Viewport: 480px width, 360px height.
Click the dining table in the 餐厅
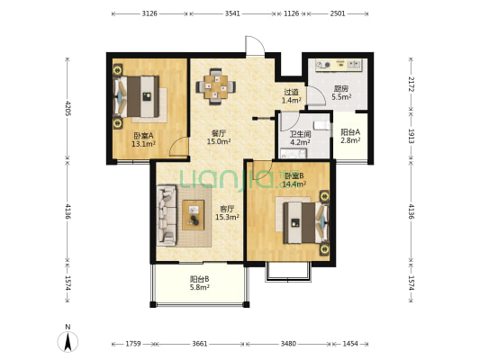pyautogui.click(x=216, y=87)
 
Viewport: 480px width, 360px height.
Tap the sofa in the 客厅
pyautogui.click(x=167, y=215)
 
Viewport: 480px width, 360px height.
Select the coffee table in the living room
pyautogui.click(x=193, y=215)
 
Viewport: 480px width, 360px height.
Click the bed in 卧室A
pyautogui.click(x=137, y=96)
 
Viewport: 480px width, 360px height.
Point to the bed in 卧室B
pyautogui.click(x=306, y=222)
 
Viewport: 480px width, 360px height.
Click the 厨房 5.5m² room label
pyautogui.click(x=341, y=93)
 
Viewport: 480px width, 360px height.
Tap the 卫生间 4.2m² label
pyautogui.click(x=300, y=138)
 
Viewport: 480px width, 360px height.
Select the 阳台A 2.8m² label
pyautogui.click(x=350, y=136)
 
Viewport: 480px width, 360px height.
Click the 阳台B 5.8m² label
pyautogui.click(x=200, y=283)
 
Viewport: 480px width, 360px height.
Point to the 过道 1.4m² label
pyautogui.click(x=291, y=95)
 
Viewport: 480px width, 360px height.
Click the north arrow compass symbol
pyautogui.click(x=68, y=341)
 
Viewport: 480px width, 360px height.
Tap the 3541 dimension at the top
pyautogui.click(x=232, y=13)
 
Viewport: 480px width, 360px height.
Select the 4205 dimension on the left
pyautogui.click(x=68, y=109)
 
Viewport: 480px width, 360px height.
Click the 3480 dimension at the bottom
pyautogui.click(x=288, y=344)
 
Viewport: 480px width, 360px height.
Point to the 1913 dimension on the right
pyautogui.click(x=412, y=136)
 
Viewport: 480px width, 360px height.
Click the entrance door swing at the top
pyautogui.click(x=256, y=46)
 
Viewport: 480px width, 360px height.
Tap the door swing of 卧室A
pyautogui.click(x=178, y=147)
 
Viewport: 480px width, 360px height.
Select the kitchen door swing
pyautogui.click(x=316, y=96)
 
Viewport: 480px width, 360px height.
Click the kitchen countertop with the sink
pyautogui.click(x=340, y=65)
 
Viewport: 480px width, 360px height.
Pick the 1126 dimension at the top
pyautogui.click(x=292, y=13)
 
